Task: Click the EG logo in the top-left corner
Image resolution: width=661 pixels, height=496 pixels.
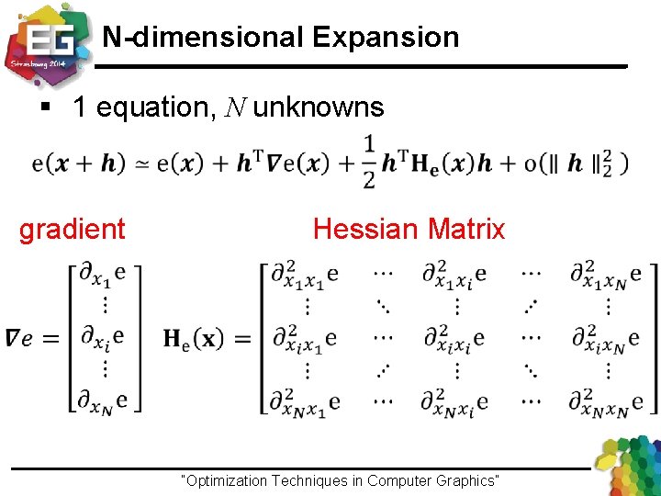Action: (46, 41)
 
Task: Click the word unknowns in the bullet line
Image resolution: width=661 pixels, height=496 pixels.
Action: (319, 107)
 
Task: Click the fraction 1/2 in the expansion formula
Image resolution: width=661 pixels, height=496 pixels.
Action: (368, 162)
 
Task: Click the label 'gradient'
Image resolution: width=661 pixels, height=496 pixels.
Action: (73, 229)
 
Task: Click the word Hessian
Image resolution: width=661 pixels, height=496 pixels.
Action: (362, 229)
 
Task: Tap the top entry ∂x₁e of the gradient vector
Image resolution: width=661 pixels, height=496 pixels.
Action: (102, 274)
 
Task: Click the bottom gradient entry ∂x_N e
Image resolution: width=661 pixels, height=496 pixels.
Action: (102, 401)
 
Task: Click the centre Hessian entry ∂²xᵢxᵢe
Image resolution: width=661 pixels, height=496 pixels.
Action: (454, 338)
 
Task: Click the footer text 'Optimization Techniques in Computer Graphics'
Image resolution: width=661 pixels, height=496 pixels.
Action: (342, 480)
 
